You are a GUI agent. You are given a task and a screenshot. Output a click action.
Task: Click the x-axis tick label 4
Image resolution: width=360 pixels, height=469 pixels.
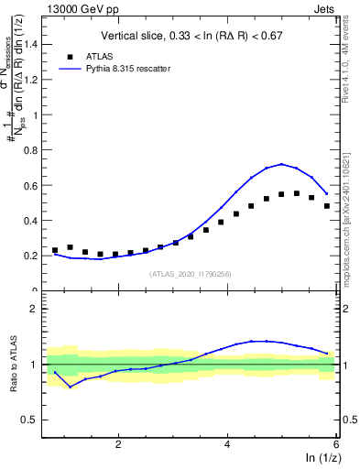click(227, 444)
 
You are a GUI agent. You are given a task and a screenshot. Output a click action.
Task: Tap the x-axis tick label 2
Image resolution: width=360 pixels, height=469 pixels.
click(118, 444)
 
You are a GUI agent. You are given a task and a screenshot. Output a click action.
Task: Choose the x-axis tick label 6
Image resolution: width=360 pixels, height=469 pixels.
click(335, 444)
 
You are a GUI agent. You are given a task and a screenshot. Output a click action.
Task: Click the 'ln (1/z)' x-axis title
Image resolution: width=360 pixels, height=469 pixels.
click(321, 459)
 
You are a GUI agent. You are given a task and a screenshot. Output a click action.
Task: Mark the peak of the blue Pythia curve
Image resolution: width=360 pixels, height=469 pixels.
click(282, 164)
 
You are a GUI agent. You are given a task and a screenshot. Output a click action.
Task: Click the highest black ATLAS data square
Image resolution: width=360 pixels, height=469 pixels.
click(296, 193)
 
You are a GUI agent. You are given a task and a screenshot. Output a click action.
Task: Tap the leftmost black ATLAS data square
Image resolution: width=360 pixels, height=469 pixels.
click(55, 250)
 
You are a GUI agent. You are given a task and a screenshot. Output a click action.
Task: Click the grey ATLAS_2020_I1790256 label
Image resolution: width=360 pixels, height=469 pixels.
click(191, 274)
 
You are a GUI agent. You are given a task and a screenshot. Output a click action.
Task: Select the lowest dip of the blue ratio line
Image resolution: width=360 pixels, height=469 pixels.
click(70, 387)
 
